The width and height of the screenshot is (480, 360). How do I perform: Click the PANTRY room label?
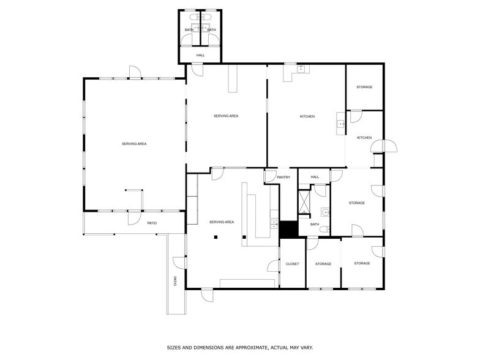(283, 178)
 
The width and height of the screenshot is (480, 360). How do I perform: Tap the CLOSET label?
(293, 264)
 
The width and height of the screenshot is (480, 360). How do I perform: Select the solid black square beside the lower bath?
(288, 229)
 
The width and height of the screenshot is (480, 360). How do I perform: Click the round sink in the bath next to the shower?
(325, 213)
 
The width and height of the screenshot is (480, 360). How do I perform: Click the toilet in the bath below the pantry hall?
(328, 230)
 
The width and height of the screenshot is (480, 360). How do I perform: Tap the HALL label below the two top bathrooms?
(200, 56)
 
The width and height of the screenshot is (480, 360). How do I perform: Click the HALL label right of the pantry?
(315, 177)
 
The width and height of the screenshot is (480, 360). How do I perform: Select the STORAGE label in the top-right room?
(364, 87)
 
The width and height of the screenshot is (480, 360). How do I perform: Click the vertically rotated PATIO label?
(175, 282)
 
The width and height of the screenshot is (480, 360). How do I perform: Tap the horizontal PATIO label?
(152, 223)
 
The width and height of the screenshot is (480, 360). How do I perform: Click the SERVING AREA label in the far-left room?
(134, 144)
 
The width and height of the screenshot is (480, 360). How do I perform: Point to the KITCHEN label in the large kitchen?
(307, 116)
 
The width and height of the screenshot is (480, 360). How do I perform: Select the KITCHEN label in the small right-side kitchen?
(364, 138)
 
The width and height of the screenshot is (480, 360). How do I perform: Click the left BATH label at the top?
(189, 30)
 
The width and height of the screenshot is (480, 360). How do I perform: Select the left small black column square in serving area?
(216, 237)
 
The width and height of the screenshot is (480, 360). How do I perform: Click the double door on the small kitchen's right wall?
(387, 146)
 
